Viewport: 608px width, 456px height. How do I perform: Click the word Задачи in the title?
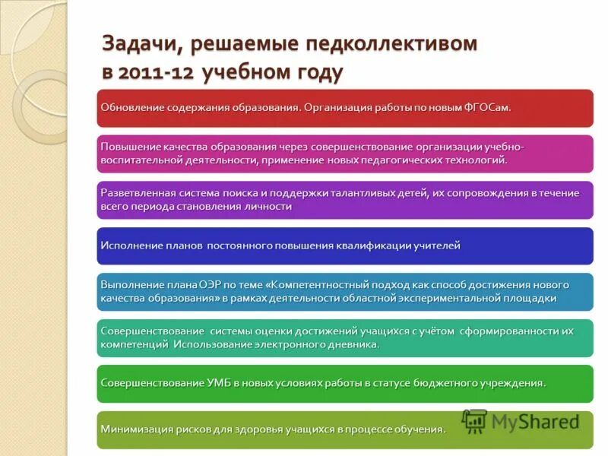click(x=139, y=44)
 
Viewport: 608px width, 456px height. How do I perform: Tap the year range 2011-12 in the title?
click(x=160, y=73)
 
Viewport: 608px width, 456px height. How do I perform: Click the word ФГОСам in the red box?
click(x=486, y=107)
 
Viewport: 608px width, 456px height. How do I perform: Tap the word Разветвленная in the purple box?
click(x=136, y=193)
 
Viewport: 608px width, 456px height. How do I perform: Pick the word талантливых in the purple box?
click(x=369, y=193)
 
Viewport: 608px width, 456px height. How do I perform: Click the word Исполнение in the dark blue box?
click(x=129, y=245)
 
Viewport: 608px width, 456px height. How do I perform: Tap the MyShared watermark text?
click(x=535, y=422)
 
